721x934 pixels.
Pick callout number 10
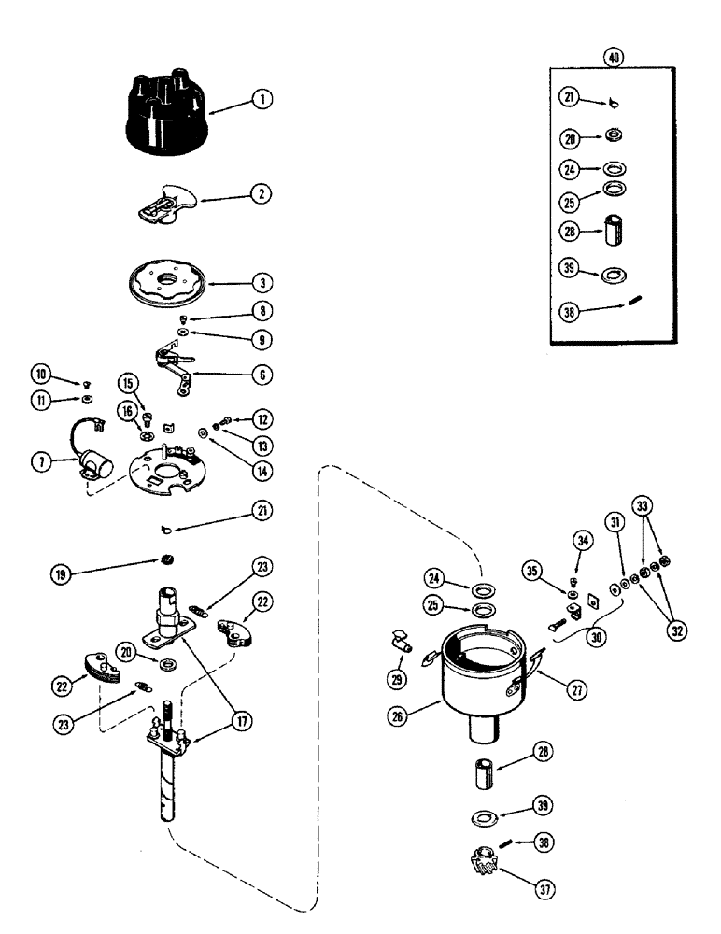tap(40, 375)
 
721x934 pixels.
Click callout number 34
tap(583, 540)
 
